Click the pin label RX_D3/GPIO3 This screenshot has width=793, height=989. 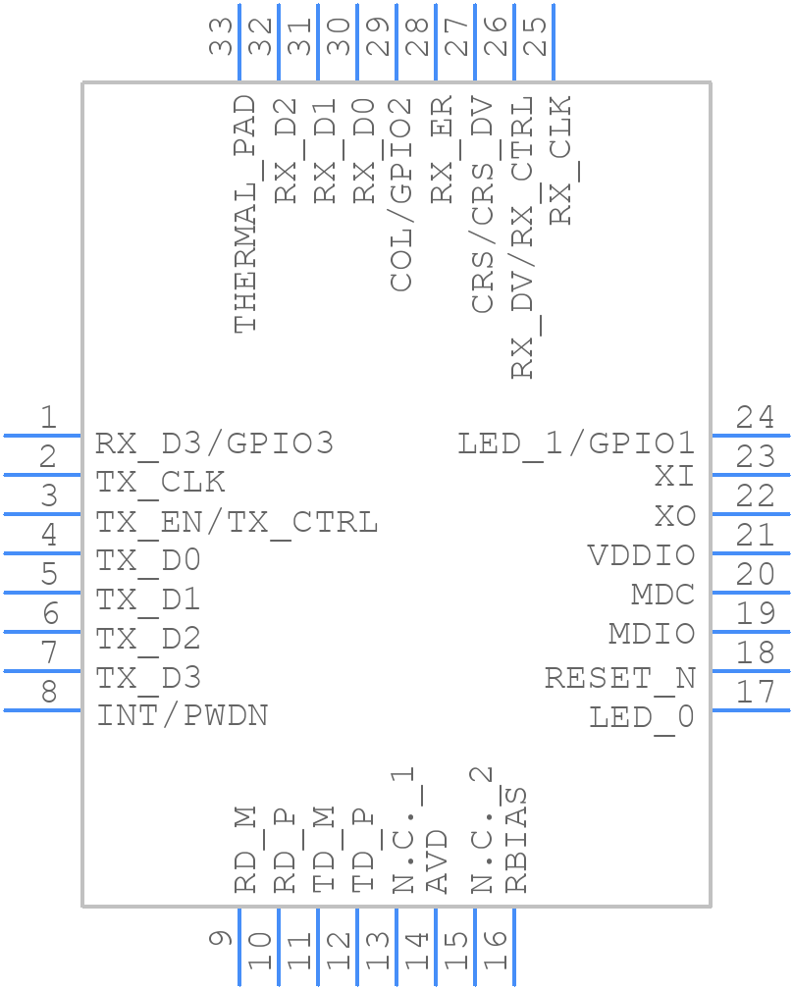coord(214,443)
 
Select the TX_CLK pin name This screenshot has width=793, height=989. coord(160,483)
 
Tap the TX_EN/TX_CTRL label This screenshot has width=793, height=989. coord(236,522)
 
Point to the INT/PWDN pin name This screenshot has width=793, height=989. coord(182,715)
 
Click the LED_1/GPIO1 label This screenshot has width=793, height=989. coord(576,443)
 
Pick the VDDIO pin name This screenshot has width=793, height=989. coord(641,555)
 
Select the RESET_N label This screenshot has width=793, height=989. coord(619,678)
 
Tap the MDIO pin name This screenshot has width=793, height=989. coord(652,634)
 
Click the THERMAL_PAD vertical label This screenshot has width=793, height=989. coord(245,214)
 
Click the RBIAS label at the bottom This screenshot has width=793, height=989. coord(516,840)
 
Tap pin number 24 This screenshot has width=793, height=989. coord(755,418)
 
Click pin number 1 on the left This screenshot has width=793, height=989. coord(47,418)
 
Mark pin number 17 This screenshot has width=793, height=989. coord(755,693)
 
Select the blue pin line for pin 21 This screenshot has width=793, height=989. coord(750,552)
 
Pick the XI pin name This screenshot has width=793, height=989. coord(674,477)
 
